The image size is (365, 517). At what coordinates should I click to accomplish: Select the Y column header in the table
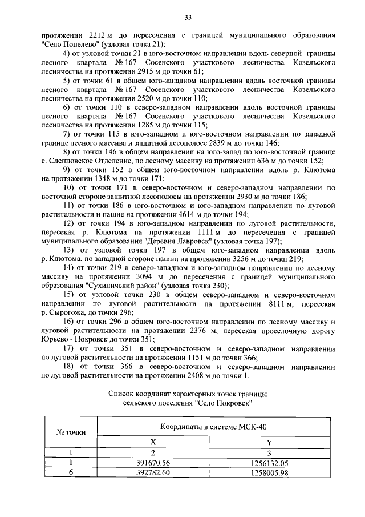(x=269, y=442)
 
